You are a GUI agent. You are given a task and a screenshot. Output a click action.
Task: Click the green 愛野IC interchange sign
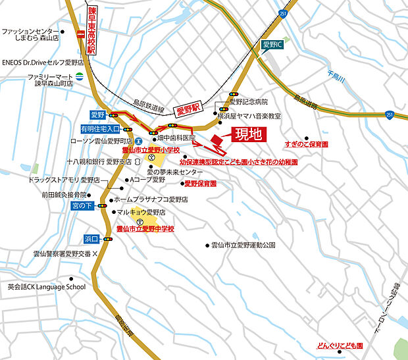[271, 45]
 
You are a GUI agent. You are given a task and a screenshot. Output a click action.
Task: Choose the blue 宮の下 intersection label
[83, 206]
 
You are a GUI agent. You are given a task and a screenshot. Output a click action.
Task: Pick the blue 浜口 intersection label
[91, 238]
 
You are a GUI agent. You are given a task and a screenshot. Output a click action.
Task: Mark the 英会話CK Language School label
[46, 287]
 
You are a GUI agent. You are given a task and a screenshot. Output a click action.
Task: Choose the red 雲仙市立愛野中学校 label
[145, 229]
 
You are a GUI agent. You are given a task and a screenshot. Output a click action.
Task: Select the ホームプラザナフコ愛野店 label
[151, 199]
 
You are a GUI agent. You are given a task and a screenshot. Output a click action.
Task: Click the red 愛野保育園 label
[201, 184]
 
